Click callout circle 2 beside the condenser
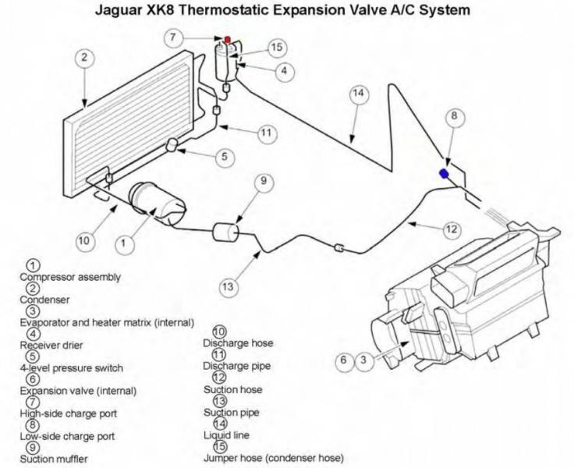click(x=86, y=58)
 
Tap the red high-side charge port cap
click(x=228, y=38)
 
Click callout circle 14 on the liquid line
click(x=358, y=94)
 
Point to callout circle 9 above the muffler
click(x=264, y=183)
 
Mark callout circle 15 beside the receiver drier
click(x=276, y=48)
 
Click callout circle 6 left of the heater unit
click(x=342, y=360)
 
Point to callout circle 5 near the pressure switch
click(x=223, y=157)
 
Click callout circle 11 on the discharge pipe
click(x=268, y=133)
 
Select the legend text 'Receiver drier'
click(x=51, y=345)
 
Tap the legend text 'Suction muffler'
click(x=55, y=459)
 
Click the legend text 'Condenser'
click(x=44, y=299)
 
